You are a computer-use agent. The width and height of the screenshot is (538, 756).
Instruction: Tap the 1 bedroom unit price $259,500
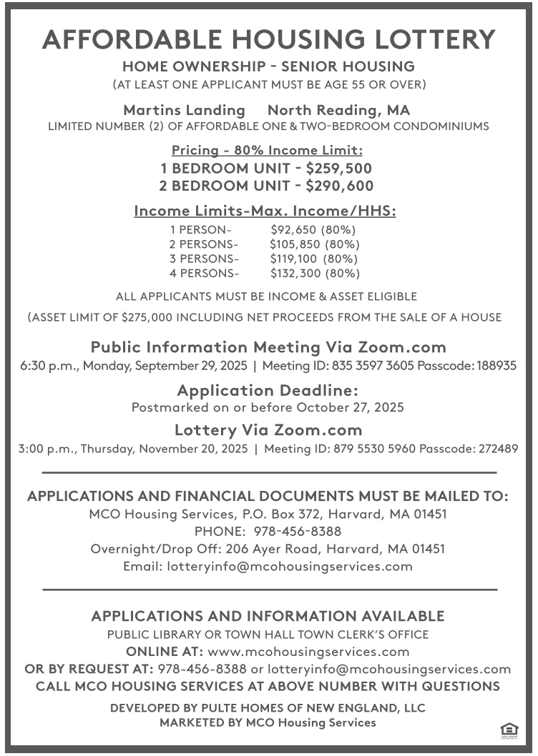tap(338, 169)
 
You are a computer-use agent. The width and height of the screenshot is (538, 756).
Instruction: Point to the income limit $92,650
tap(293, 230)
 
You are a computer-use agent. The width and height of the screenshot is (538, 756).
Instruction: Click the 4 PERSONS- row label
tap(205, 274)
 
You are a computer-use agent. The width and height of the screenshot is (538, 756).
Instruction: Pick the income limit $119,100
tap(294, 259)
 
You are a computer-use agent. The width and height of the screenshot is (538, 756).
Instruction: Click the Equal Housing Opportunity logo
tap(509, 730)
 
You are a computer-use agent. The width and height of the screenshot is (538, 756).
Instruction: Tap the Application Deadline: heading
tap(268, 391)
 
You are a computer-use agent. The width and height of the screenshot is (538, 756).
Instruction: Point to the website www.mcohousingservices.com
tap(308, 652)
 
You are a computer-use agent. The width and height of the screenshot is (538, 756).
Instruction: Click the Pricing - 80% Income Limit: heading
tap(268, 151)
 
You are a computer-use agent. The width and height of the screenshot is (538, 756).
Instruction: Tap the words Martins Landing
tap(184, 110)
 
